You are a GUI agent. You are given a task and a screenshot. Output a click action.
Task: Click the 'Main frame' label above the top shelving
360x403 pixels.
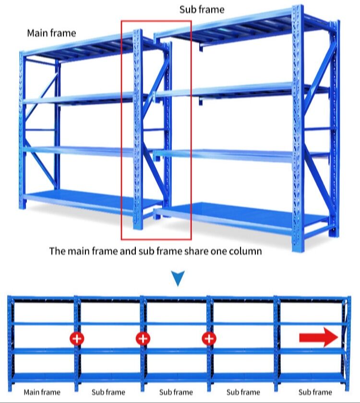coord(51,33)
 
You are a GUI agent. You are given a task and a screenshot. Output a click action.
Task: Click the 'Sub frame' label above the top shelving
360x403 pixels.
coord(202,10)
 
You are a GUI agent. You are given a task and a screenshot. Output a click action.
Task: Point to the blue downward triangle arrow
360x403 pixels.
coord(178,278)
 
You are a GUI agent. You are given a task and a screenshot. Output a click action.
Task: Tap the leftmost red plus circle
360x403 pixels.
coord(77,338)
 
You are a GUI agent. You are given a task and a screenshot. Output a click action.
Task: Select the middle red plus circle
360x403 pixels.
coord(143,338)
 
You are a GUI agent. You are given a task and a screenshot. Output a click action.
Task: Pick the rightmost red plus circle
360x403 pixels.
coord(209,338)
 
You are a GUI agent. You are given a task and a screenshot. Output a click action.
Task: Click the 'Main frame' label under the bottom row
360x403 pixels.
coord(42,392)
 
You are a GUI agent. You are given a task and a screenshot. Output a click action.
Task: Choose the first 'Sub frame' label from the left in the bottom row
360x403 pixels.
coord(108,392)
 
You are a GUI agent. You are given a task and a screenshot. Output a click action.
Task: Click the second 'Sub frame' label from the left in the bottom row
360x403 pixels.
coord(176,392)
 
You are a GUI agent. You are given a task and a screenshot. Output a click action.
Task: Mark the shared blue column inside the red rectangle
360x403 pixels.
coord(138,130)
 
